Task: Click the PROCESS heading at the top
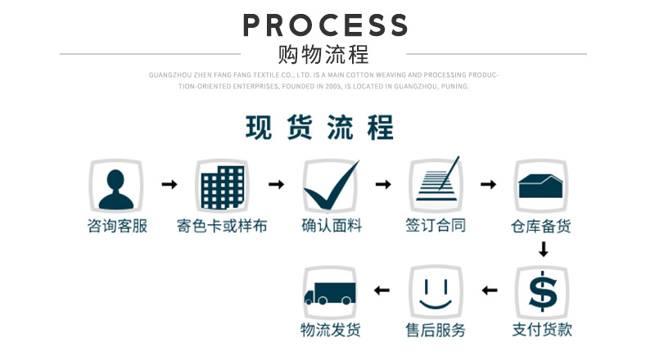[x=325, y=25]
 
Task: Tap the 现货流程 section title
[x=320, y=128]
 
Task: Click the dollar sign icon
[x=541, y=291]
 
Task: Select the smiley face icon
[x=436, y=291]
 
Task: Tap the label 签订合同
[x=436, y=226]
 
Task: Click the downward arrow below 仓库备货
[x=542, y=249]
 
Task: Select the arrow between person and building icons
[x=169, y=185]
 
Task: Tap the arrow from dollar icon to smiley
[x=489, y=290]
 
